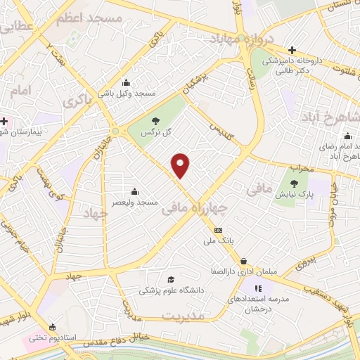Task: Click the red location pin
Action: click(x=181, y=165)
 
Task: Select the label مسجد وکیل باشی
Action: click(x=127, y=93)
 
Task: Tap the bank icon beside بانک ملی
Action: click(x=218, y=230)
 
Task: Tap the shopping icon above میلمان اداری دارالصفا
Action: click(x=243, y=261)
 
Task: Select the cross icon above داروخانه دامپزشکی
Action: click(x=292, y=50)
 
